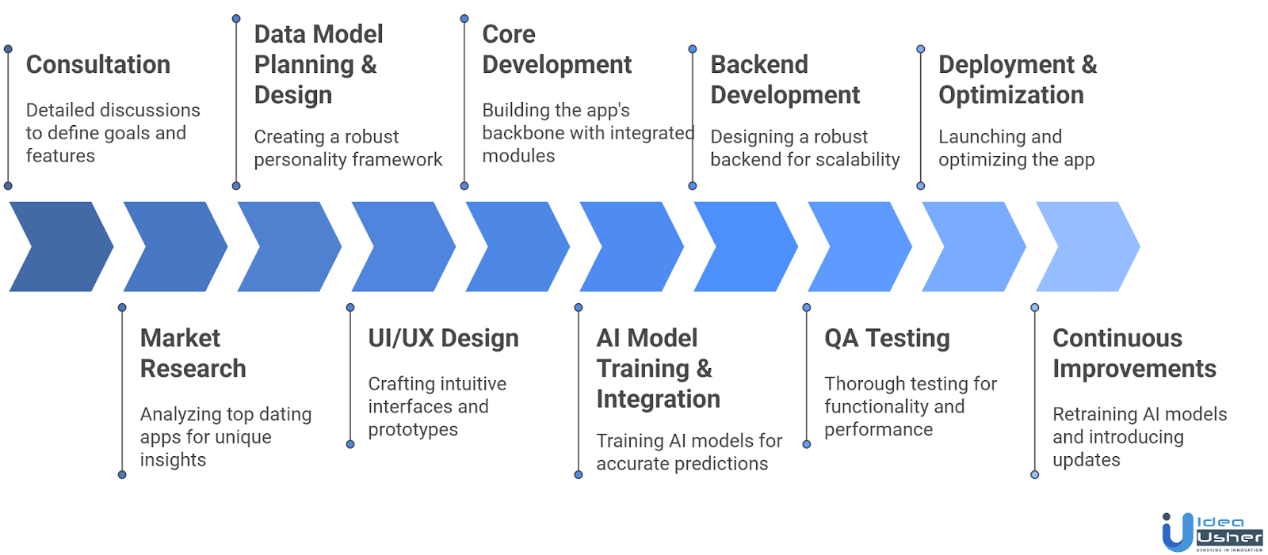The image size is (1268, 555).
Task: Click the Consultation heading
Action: click(x=98, y=65)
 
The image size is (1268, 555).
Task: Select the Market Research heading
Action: click(x=193, y=353)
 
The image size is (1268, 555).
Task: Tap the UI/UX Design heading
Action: click(x=443, y=339)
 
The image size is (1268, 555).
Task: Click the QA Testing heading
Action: click(x=887, y=339)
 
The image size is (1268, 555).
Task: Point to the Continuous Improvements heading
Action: click(x=1133, y=353)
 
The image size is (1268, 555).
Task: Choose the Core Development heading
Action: click(x=556, y=49)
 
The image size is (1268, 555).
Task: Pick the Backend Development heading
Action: click(x=785, y=79)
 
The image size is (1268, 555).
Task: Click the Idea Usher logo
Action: click(x=1211, y=532)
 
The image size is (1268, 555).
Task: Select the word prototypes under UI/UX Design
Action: click(x=413, y=430)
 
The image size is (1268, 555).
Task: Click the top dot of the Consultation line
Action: click(x=8, y=49)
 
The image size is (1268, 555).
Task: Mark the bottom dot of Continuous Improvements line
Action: click(x=1034, y=475)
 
